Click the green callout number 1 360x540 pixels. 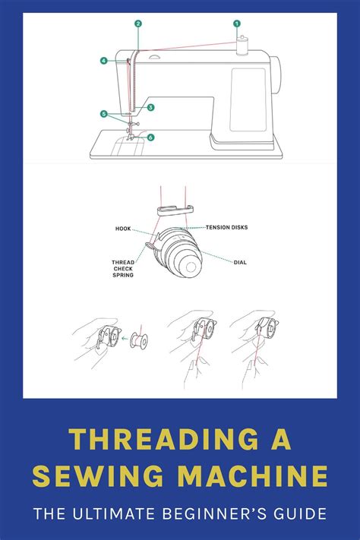(236, 24)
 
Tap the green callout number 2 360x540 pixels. (137, 24)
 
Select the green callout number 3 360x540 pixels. (151, 108)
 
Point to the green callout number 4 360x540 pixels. (103, 60)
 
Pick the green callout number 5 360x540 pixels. (103, 114)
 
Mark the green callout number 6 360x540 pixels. (151, 137)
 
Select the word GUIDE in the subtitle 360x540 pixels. (302, 514)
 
